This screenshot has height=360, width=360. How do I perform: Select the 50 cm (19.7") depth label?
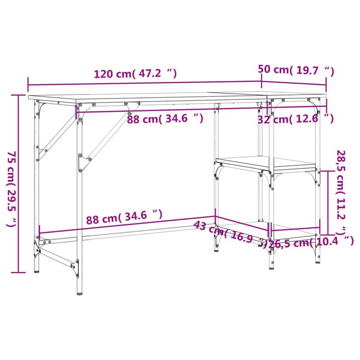[296, 70]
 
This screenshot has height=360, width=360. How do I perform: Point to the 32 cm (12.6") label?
[295, 119]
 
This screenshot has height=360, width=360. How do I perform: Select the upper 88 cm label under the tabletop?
[165, 119]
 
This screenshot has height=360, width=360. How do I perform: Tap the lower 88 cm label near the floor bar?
[124, 218]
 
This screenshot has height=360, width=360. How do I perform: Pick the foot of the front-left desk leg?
[80, 291]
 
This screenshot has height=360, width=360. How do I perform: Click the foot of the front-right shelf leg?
[271, 267]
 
